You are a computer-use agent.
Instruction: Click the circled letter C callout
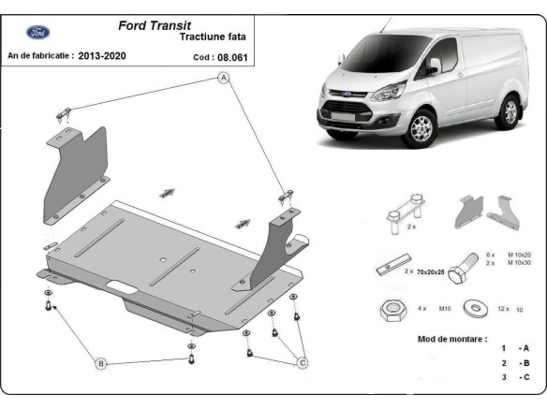303,363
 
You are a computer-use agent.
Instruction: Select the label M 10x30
521,263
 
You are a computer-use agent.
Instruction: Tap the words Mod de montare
451,338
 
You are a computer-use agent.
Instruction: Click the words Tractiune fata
209,39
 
